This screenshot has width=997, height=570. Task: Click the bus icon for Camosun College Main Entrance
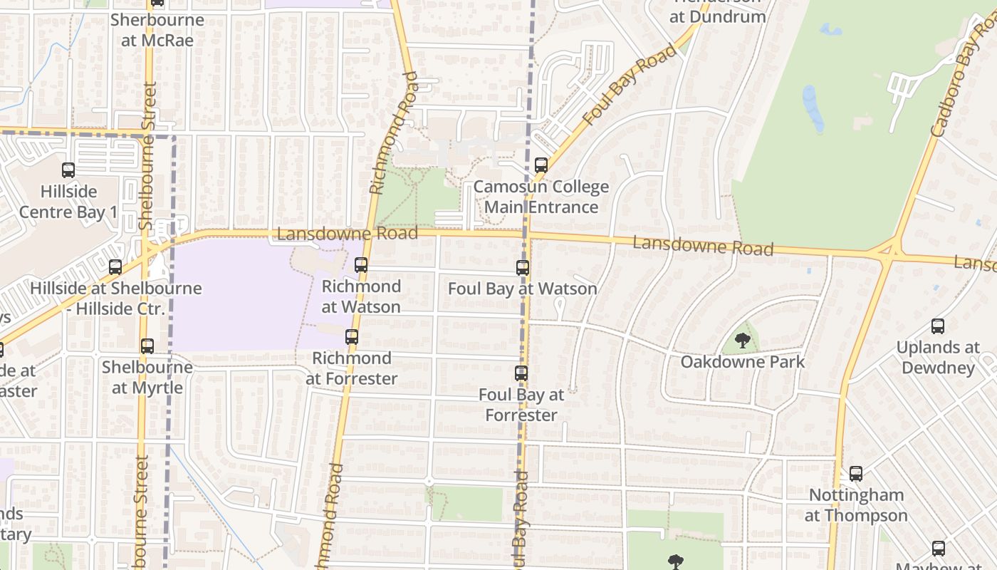click(541, 165)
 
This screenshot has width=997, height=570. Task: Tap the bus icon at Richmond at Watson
click(361, 265)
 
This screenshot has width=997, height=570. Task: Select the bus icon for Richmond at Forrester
click(352, 337)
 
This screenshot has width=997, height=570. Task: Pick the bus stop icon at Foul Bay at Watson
click(523, 268)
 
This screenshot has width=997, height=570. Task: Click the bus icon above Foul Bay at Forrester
click(521, 373)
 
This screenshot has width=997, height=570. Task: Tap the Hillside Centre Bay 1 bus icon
click(68, 170)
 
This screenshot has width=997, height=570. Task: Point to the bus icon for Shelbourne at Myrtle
click(147, 346)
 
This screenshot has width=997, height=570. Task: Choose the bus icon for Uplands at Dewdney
click(938, 326)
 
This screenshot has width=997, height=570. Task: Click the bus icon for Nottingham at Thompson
click(856, 474)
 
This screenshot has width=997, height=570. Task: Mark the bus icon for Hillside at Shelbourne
click(115, 267)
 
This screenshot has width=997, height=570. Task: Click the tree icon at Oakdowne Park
click(743, 340)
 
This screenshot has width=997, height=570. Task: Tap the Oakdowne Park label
click(743, 361)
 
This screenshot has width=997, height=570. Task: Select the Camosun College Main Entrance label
click(541, 197)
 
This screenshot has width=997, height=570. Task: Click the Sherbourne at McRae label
click(157, 30)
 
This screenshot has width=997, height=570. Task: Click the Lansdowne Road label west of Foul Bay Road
click(347, 234)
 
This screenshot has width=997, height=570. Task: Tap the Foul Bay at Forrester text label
click(521, 405)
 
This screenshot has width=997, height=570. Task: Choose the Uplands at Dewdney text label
click(938, 358)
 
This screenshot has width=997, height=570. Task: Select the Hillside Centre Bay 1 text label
click(68, 202)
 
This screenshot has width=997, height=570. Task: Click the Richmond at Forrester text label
click(352, 368)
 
